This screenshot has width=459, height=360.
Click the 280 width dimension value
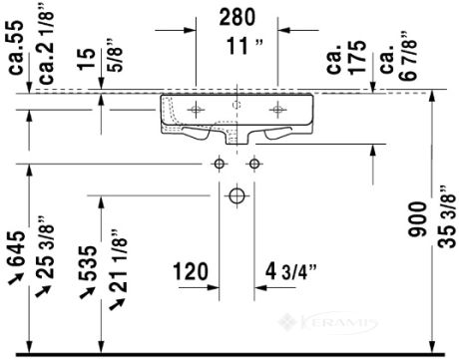click(x=236, y=17)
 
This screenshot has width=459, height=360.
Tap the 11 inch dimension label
click(x=244, y=46)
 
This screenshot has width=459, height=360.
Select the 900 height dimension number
click(x=417, y=219)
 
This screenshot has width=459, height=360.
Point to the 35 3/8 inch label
click(x=446, y=216)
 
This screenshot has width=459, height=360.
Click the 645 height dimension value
click(x=16, y=248)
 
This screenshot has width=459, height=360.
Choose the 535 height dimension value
click(x=88, y=263)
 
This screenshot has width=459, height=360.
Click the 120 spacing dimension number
click(x=191, y=271)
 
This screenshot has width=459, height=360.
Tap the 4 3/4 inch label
click(x=291, y=271)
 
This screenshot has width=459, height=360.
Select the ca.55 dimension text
click(x=16, y=47)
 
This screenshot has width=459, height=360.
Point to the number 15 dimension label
click(x=87, y=59)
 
